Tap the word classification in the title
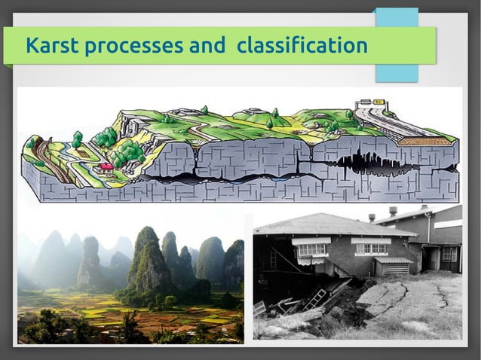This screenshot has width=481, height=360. click(x=302, y=47)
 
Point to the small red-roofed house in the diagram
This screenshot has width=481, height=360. click(x=107, y=165)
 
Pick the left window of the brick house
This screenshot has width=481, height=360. click(x=311, y=249)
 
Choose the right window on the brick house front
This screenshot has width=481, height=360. click(x=370, y=248)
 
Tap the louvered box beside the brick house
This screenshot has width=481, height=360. click(x=393, y=266)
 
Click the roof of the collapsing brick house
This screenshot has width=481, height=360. click(x=332, y=224)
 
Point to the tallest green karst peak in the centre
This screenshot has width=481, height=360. click(x=147, y=256)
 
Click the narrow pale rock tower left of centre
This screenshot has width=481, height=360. click(x=90, y=260)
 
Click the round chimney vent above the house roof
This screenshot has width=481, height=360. click(x=394, y=211)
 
